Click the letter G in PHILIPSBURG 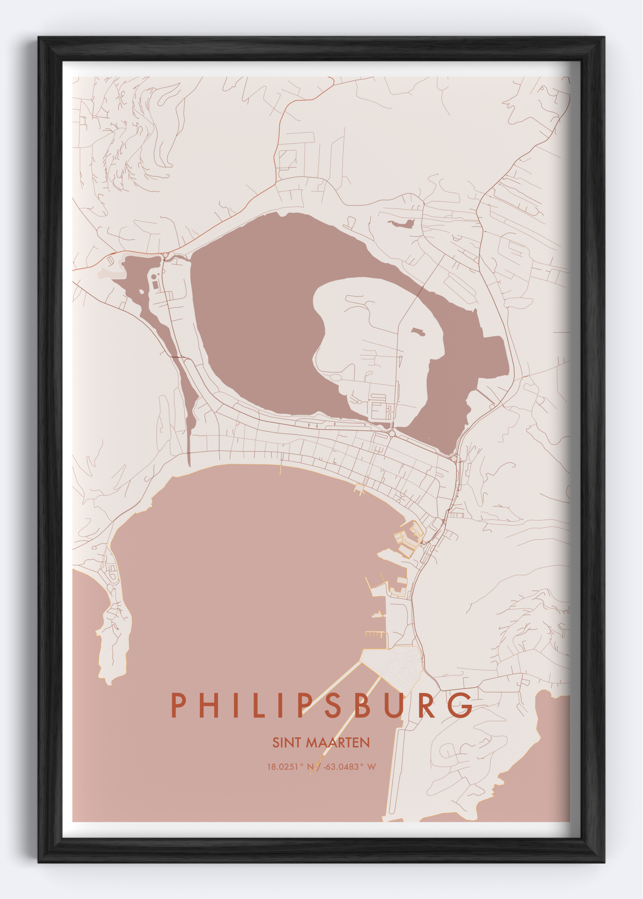click(x=461, y=705)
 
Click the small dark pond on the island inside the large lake click(x=418, y=332)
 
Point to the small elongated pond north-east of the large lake click(x=402, y=224)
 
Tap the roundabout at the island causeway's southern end click(x=392, y=434)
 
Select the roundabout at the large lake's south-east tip click(x=454, y=458)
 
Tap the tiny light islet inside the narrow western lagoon click(x=141, y=292)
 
